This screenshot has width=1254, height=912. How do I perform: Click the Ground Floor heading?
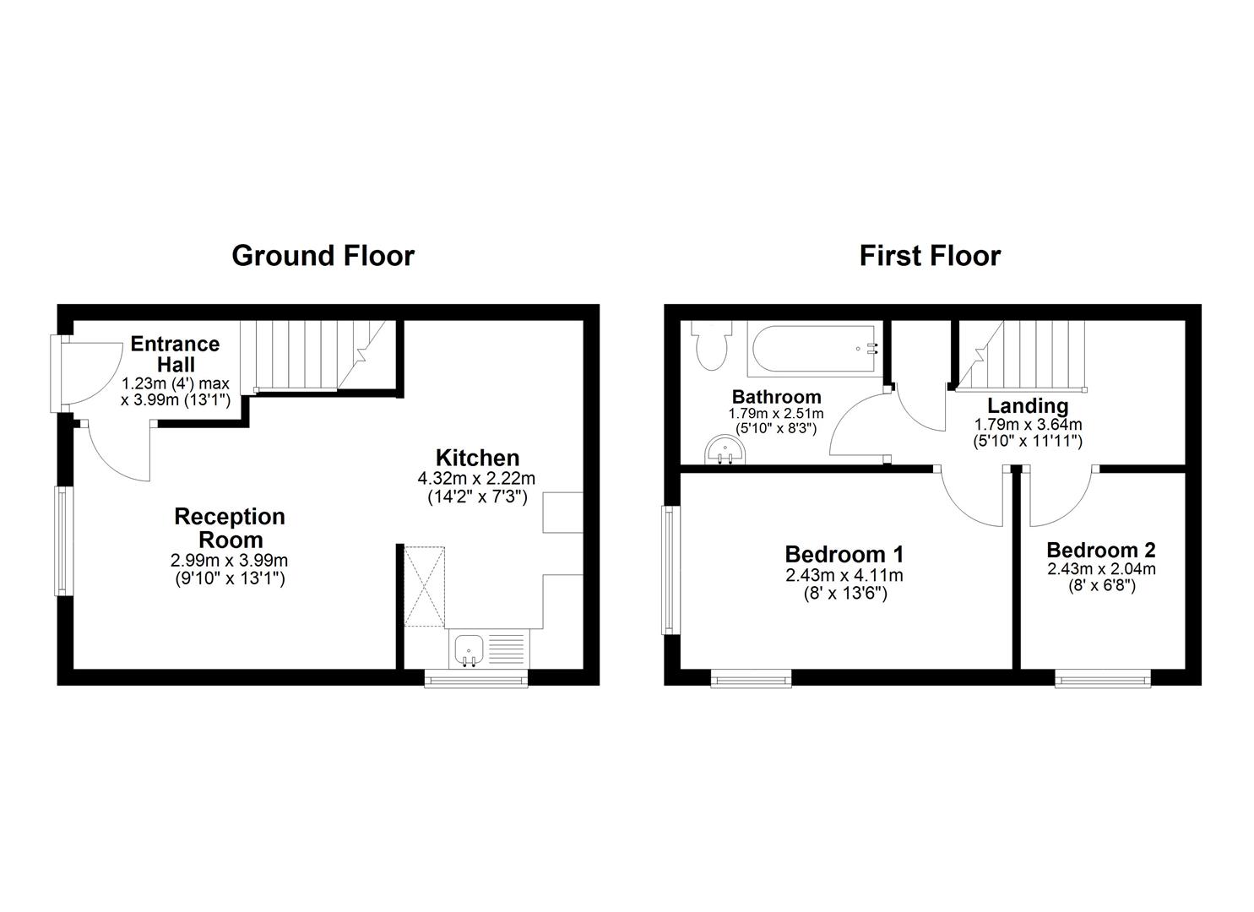tap(323, 255)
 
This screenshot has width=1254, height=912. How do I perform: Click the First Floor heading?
tap(930, 255)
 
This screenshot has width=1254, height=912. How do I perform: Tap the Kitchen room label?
tap(477, 458)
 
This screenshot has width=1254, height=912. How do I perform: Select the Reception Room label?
tap(230, 528)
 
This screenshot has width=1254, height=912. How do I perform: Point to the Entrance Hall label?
tap(175, 355)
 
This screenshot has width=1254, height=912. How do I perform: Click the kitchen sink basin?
tap(469, 649)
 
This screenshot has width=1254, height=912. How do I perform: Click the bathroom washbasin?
tap(723, 449)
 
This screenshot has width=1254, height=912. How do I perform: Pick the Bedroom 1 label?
tap(844, 554)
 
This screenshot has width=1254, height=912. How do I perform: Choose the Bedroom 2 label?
tap(1101, 550)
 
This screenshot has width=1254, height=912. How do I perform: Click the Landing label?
tap(1028, 405)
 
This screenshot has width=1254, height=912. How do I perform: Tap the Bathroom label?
tap(776, 396)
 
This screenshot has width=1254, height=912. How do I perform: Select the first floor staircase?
tap(1021, 354)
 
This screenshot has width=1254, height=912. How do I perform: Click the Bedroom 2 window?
tap(1102, 677)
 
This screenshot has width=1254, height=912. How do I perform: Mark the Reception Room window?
tap(61, 540)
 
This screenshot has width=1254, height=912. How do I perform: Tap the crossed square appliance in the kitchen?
tap(424, 587)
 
